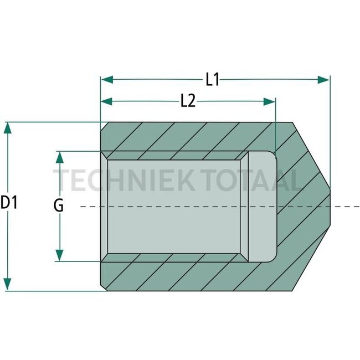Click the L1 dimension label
[212, 80]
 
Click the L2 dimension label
[188, 101]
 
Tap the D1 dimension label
[9, 203]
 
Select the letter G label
[59, 206]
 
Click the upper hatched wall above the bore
[188, 136]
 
